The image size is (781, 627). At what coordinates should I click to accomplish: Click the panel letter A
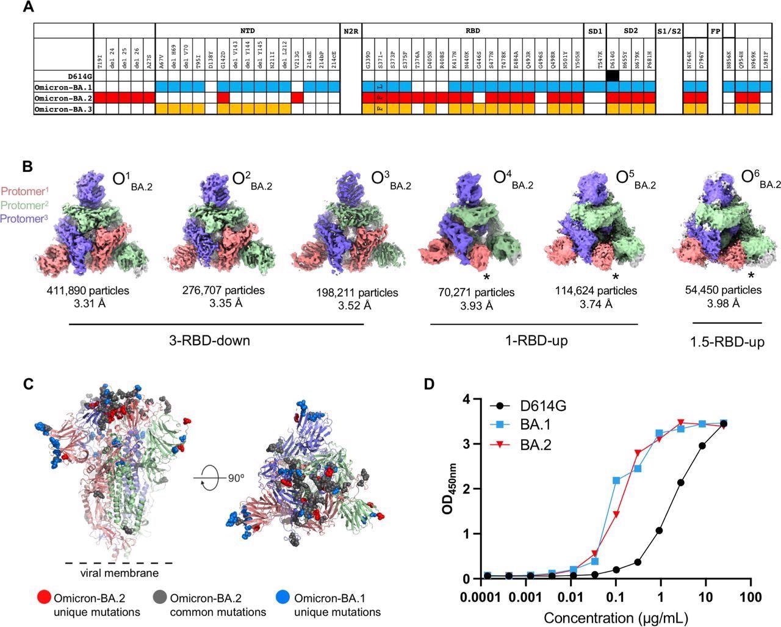27,8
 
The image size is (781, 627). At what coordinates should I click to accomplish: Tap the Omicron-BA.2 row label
63,98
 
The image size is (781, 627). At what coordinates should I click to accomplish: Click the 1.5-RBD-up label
727,342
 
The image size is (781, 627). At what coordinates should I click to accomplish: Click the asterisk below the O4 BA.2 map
486,278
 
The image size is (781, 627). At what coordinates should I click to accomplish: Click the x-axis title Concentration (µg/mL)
616,617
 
